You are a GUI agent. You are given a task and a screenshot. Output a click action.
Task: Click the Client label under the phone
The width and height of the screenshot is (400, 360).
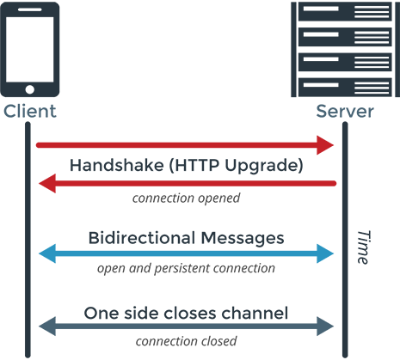pyautogui.click(x=30, y=111)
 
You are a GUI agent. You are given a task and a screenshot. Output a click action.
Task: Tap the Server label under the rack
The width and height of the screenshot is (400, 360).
pyautogui.click(x=345, y=111)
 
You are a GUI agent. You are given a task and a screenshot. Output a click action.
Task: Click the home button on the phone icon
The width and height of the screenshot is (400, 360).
pyautogui.click(x=29, y=89)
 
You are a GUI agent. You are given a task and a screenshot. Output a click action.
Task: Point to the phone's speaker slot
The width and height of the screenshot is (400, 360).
pyautogui.click(x=30, y=9)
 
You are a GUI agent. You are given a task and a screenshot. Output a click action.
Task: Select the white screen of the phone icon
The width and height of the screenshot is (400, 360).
pyautogui.click(x=30, y=50)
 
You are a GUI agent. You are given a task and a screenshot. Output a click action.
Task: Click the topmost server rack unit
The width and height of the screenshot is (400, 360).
pyautogui.click(x=345, y=11)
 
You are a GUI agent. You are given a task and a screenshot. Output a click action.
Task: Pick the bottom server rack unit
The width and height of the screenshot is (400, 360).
pyautogui.click(x=345, y=88)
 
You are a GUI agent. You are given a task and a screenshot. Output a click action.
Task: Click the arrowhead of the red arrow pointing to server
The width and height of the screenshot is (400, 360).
pyautogui.click(x=325, y=145)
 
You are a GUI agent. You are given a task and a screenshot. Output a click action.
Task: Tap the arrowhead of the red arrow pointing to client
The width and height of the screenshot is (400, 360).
pyautogui.click(x=47, y=183)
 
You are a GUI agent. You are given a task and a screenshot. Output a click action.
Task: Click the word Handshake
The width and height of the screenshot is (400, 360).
pyautogui.click(x=117, y=165)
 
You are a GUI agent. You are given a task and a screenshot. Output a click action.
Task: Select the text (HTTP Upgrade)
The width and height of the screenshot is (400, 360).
pyautogui.click(x=236, y=166)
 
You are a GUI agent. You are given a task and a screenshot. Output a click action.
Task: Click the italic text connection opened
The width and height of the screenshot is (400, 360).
pyautogui.click(x=186, y=198)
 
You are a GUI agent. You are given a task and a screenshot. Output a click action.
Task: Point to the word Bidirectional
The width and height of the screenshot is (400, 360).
pyautogui.click(x=142, y=238)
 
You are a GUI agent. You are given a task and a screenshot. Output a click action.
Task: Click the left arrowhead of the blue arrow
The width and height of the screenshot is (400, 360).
pyautogui.click(x=47, y=253)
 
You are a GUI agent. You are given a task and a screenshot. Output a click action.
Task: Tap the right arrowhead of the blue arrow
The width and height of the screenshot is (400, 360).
pyautogui.click(x=325, y=253)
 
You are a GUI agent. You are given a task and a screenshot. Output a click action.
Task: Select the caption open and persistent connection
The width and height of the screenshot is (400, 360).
pyautogui.click(x=186, y=269)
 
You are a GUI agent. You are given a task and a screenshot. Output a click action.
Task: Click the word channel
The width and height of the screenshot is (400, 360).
pyautogui.click(x=255, y=313)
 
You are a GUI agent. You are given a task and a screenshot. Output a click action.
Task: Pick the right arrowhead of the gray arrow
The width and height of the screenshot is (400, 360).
pyautogui.click(x=325, y=326)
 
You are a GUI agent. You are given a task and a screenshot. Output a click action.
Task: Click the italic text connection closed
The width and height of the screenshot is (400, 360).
pyautogui.click(x=186, y=341)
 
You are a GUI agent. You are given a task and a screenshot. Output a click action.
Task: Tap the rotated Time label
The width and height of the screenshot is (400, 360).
pyautogui.click(x=363, y=247)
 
